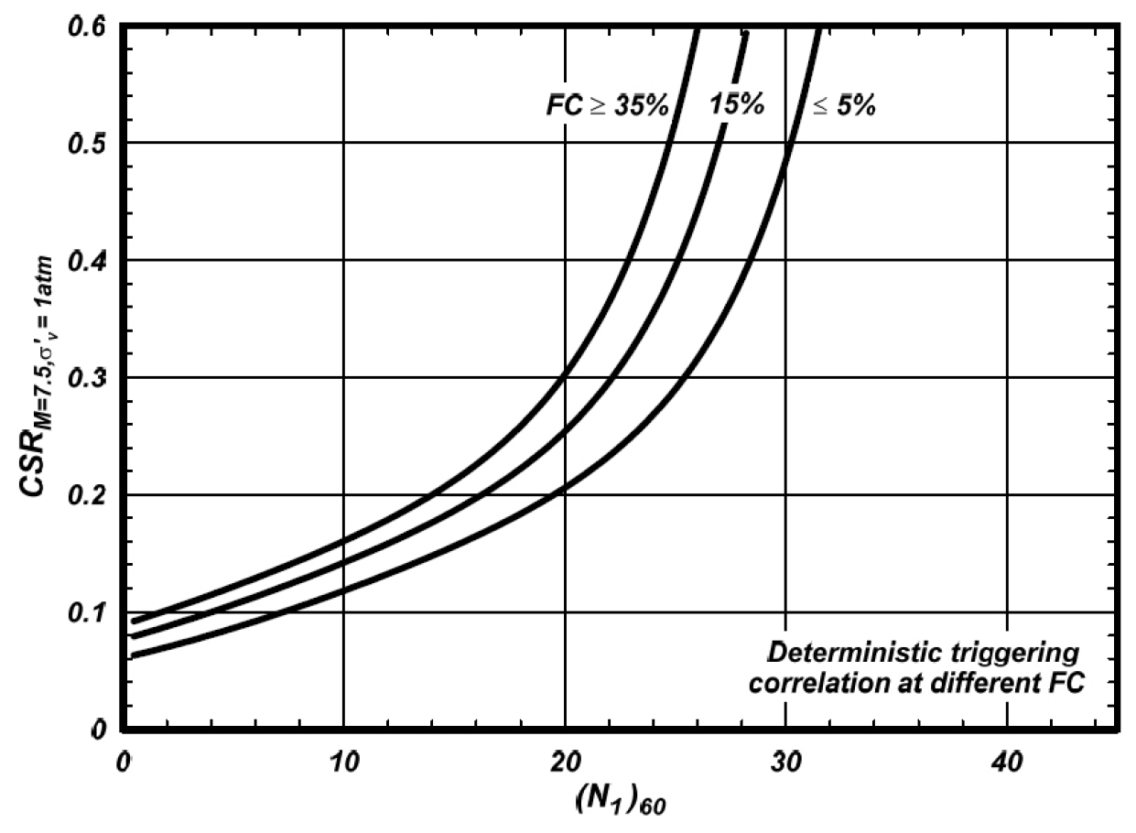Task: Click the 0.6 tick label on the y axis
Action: pyautogui.click(x=87, y=27)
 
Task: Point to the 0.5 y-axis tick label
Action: pyautogui.click(x=87, y=142)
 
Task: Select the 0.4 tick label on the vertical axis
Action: pyautogui.click(x=87, y=260)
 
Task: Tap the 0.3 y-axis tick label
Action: pyautogui.click(x=87, y=377)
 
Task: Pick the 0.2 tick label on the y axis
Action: pyautogui.click(x=87, y=494)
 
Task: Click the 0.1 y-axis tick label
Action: pyautogui.click(x=87, y=611)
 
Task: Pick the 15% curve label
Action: pyautogui.click(x=737, y=105)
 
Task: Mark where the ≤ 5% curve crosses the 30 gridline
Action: pyautogui.click(x=785, y=166)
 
